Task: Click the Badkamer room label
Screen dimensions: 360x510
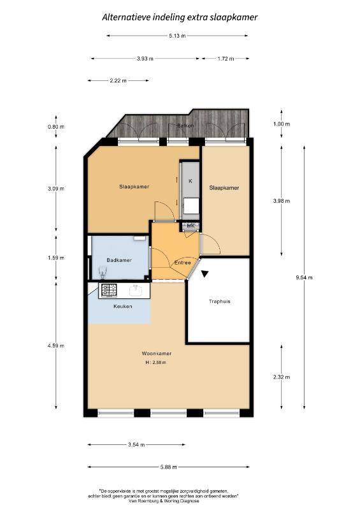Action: point(119,260)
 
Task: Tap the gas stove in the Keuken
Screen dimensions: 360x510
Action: point(109,290)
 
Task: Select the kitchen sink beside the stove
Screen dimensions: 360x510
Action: point(136,290)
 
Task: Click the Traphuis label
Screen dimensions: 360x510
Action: point(220,302)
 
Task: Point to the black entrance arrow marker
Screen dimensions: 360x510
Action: point(205,274)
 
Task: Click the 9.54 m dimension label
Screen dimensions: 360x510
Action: point(304,277)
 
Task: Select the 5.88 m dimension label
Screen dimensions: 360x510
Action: point(168,467)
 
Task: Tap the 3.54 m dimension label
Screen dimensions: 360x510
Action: point(136,444)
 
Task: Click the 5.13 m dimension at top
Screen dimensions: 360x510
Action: point(177,36)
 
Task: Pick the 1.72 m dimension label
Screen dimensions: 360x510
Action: point(226,59)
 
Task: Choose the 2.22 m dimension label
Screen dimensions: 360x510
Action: point(119,81)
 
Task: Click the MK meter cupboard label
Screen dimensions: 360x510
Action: point(191,226)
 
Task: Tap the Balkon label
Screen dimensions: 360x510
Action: point(185,126)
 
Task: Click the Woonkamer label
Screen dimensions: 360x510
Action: point(156,354)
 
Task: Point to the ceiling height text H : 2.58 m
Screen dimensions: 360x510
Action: point(156,362)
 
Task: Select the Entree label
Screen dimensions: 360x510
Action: point(182,263)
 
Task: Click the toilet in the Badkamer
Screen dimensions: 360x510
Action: point(103,273)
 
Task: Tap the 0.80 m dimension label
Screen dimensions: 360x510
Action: point(56,127)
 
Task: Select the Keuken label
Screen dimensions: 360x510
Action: point(122,307)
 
